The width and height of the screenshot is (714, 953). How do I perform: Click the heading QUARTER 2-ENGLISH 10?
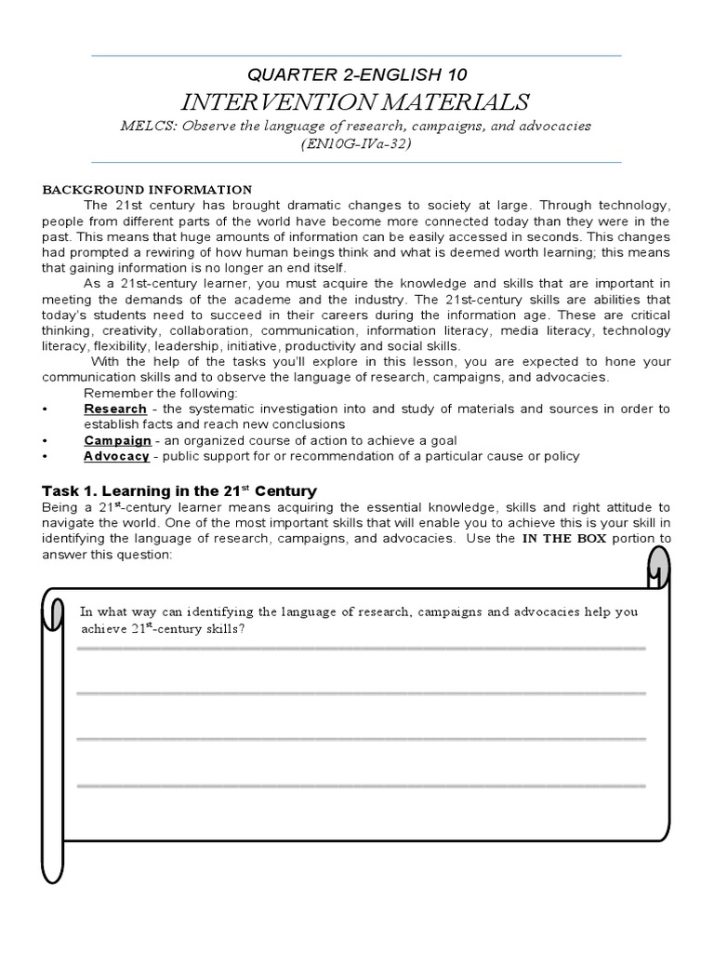click(356, 74)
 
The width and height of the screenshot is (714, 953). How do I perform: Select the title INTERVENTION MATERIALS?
click(356, 101)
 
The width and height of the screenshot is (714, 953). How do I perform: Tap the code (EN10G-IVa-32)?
click(356, 144)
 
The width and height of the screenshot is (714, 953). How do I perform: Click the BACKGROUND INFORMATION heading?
click(147, 189)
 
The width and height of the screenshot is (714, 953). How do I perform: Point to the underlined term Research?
click(115, 409)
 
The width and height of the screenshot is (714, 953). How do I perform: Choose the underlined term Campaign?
click(117, 440)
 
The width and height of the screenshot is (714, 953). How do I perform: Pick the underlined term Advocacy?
click(116, 456)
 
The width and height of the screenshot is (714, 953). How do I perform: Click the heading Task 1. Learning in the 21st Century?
click(179, 490)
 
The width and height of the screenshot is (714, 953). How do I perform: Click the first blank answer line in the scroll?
click(361, 648)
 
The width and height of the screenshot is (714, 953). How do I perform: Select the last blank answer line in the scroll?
click(361, 786)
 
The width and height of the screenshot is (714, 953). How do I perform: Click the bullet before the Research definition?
click(46, 409)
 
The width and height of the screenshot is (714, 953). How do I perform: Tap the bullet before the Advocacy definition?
click(46, 456)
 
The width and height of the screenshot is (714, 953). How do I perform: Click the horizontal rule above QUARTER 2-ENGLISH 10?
click(356, 56)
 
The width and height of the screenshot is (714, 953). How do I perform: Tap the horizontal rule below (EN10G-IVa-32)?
click(356, 163)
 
